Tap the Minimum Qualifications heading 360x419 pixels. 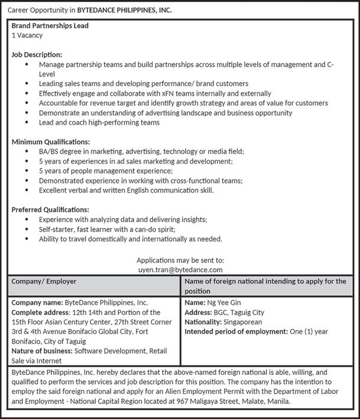[51, 142]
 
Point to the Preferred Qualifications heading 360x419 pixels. [50, 210]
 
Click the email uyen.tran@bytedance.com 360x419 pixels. [180, 269]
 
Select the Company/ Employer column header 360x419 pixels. [44, 281]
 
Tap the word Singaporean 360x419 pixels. [242, 322]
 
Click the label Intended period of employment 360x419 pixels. [236, 332]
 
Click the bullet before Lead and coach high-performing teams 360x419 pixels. [27, 122]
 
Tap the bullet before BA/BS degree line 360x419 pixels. [27, 152]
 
